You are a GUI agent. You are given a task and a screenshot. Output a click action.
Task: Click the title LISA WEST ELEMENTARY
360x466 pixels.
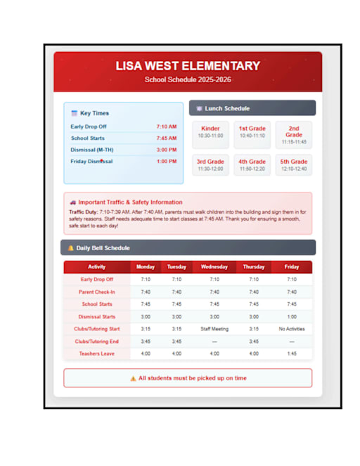point(188,66)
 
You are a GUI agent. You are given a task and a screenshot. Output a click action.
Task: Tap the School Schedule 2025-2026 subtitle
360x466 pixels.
point(188,80)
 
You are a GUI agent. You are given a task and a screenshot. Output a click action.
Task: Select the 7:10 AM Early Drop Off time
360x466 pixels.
point(167,127)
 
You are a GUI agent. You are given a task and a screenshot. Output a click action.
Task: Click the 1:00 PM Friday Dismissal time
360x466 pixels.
point(167,161)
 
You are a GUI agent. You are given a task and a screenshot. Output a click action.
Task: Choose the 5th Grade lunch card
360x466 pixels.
point(294,164)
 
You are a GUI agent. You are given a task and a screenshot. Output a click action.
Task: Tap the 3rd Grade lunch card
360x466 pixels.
point(210,164)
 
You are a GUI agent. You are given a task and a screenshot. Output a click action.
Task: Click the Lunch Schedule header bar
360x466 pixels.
point(252,108)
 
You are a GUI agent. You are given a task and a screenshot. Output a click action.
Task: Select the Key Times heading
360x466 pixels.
point(94,113)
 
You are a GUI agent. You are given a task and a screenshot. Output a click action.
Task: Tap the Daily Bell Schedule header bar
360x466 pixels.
point(188,247)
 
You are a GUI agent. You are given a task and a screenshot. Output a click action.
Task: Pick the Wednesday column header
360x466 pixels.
point(214,267)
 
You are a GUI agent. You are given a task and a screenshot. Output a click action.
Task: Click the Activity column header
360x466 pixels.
point(97,267)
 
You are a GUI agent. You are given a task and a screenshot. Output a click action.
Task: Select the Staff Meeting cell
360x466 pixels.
point(214,329)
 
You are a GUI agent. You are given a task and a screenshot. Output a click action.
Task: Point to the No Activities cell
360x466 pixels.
point(292,329)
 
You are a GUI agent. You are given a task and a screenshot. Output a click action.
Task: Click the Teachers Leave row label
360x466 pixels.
point(97,354)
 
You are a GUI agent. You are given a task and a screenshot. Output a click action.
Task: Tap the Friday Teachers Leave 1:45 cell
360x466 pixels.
point(292,354)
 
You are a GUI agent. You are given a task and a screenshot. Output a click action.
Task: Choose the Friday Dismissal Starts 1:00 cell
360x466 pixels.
point(292,316)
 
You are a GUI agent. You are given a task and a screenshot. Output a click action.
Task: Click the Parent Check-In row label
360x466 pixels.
point(97,292)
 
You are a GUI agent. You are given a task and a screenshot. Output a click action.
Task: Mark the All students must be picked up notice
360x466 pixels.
point(188,378)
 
